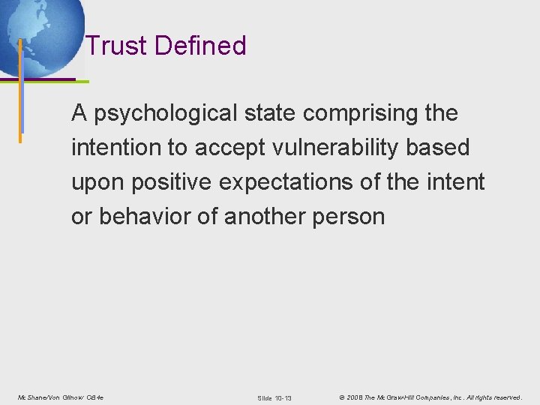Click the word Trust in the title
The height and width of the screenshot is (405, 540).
pyautogui.click(x=116, y=46)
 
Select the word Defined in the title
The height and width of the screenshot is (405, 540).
pyautogui.click(x=200, y=46)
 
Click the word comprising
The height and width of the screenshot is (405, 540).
pyautogui.click(x=360, y=114)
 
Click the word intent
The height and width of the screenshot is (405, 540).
pyautogui.click(x=457, y=182)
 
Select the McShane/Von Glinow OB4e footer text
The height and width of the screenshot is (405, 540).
pyautogui.click(x=61, y=397)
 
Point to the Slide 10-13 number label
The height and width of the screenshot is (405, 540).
pyautogui.click(x=274, y=397)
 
